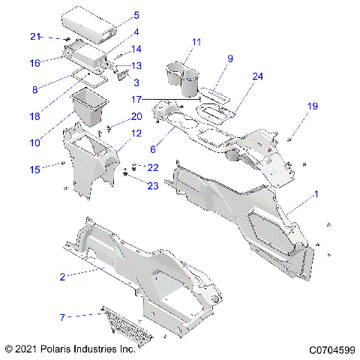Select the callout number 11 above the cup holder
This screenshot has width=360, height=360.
(x=196, y=42)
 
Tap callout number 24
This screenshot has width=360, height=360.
(x=257, y=76)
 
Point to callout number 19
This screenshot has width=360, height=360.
(x=312, y=106)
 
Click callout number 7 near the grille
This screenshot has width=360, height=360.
(x=62, y=317)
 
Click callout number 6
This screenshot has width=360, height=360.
(x=154, y=149)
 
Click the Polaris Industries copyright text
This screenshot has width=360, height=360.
(x=69, y=349)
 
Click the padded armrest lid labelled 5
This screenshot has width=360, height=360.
(x=86, y=22)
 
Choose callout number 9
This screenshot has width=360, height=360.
(x=230, y=58)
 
